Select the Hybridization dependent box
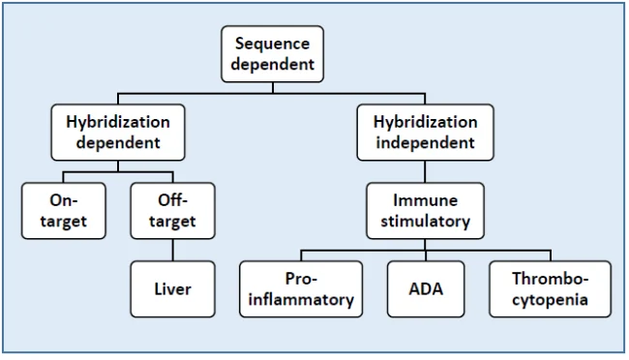(x=118, y=133)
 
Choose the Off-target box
(x=174, y=210)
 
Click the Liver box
(x=174, y=288)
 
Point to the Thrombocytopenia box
(x=550, y=288)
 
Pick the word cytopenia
(x=550, y=299)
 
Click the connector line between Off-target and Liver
(x=174, y=249)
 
